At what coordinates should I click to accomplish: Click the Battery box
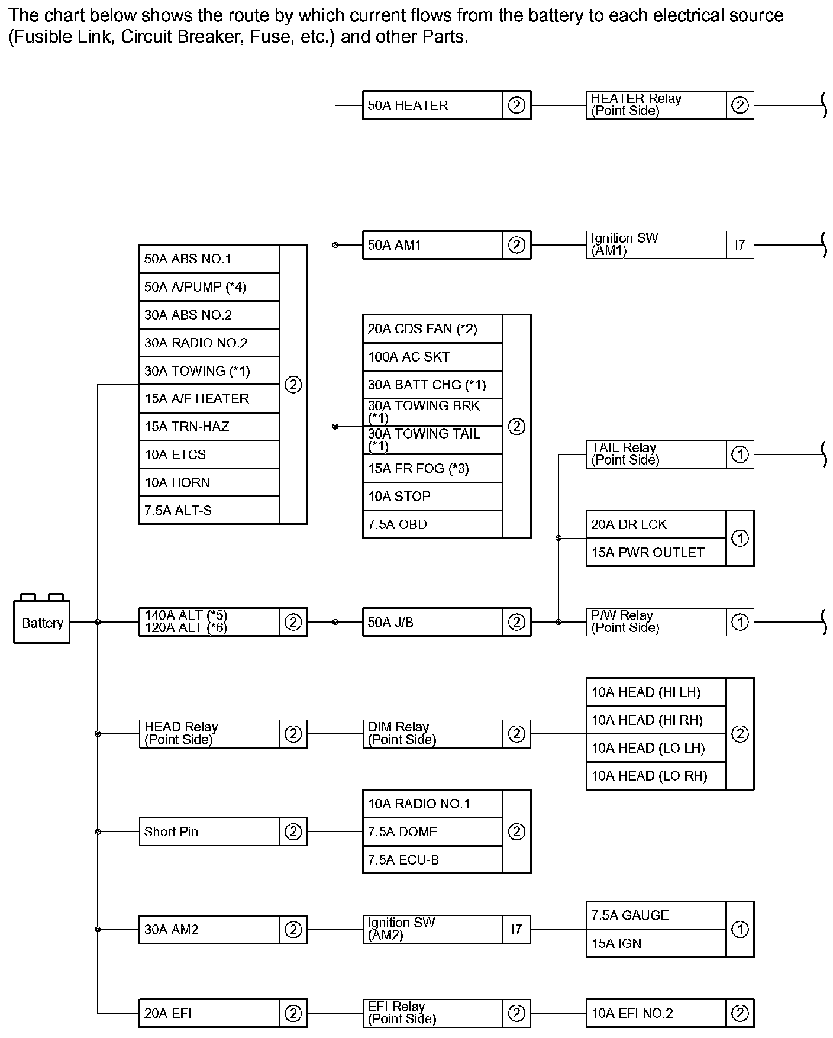[x=41, y=622]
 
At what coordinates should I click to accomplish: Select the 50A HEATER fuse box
[x=432, y=105]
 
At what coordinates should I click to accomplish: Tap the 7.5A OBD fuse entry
[x=432, y=524]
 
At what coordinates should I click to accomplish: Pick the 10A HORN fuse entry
[x=209, y=482]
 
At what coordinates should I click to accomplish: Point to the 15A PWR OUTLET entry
[x=656, y=552]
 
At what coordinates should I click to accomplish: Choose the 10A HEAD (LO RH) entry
[x=656, y=776]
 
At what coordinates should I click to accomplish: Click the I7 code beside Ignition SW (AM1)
[x=740, y=244]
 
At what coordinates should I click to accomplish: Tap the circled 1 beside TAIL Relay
[x=740, y=454]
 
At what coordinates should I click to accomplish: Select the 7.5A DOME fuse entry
[x=432, y=831]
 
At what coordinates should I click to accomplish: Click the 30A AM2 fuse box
[x=209, y=930]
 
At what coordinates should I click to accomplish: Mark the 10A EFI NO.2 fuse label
[x=656, y=1013]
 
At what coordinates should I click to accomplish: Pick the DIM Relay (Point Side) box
[x=432, y=734]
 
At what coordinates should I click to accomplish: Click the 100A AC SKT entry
[x=432, y=357]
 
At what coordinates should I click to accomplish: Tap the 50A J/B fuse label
[x=432, y=622]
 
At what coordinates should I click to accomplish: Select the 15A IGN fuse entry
[x=656, y=943]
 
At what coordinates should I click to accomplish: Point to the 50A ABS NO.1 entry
[x=209, y=259]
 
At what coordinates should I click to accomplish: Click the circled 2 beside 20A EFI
[x=293, y=1013]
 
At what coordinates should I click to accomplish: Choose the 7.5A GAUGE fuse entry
[x=656, y=915]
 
